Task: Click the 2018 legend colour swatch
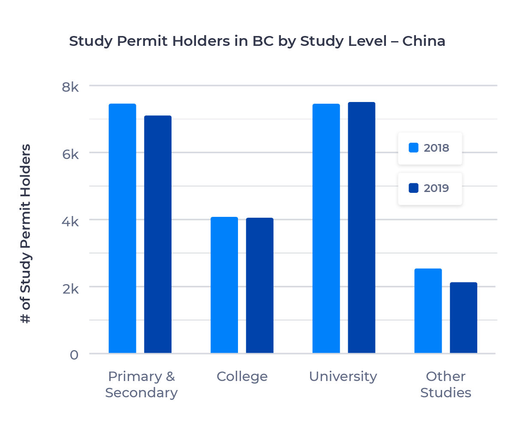414,148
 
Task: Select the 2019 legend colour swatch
414,188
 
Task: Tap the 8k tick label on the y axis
70,87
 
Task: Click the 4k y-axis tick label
70,222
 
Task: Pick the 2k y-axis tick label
70,288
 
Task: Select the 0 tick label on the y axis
74,355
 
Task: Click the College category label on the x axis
242,376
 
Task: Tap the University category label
343,376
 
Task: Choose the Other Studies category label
446,384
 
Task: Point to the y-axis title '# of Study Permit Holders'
26,234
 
